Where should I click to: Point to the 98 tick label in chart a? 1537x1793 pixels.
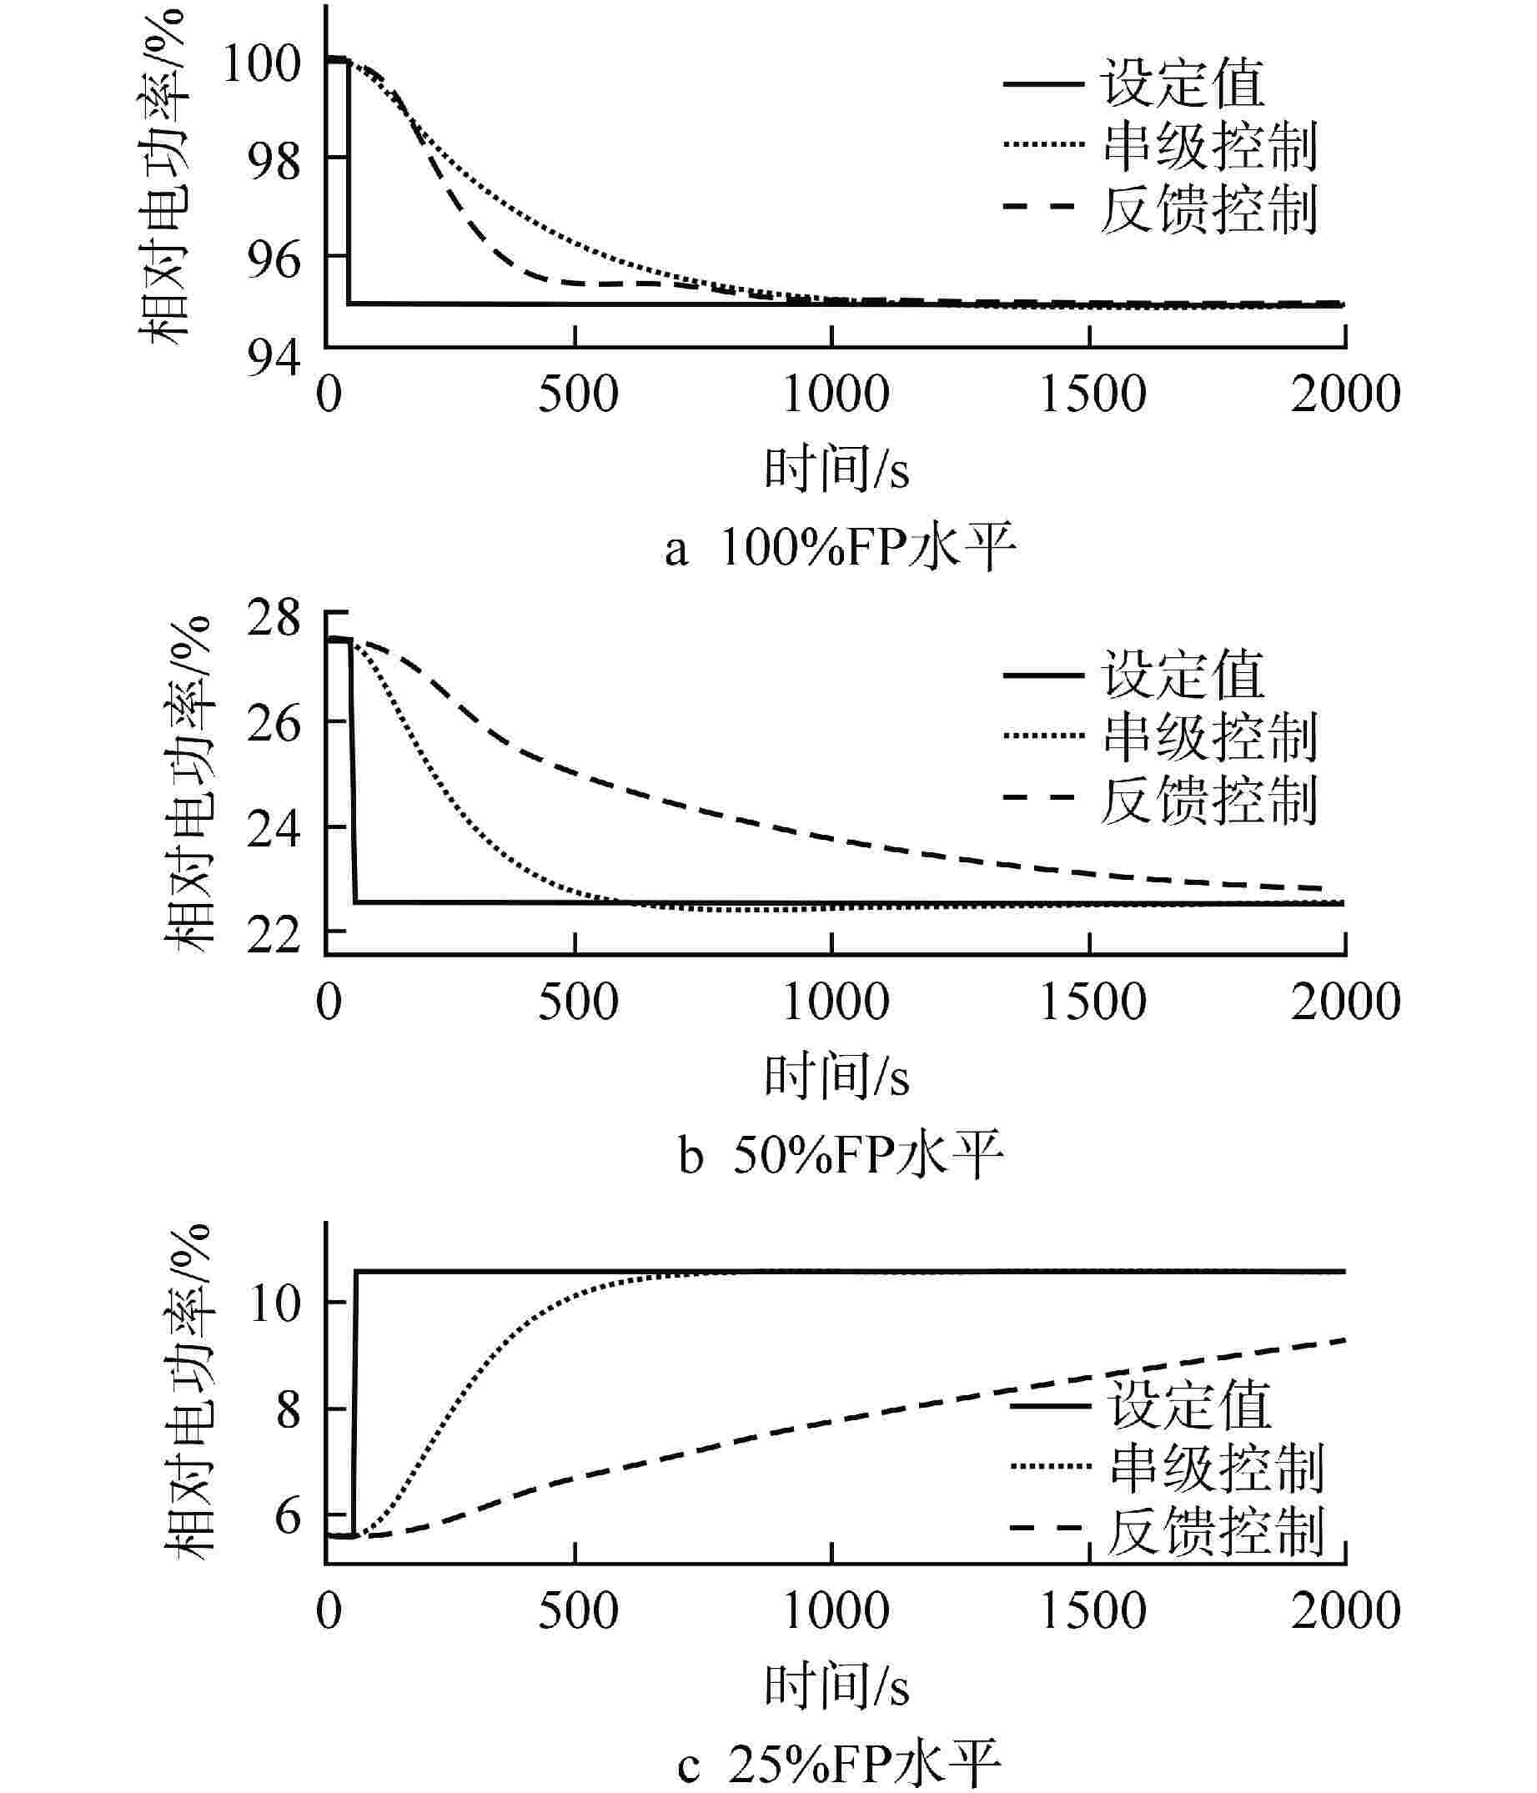[x=274, y=161]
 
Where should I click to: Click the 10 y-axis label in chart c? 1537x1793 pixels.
[x=274, y=1303]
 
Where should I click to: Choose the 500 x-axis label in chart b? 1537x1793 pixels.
[x=577, y=1002]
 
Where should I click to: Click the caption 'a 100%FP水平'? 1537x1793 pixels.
[x=840, y=548]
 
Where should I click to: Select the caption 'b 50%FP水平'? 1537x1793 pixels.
[x=840, y=1155]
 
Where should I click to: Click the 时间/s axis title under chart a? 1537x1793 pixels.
[x=836, y=469]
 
